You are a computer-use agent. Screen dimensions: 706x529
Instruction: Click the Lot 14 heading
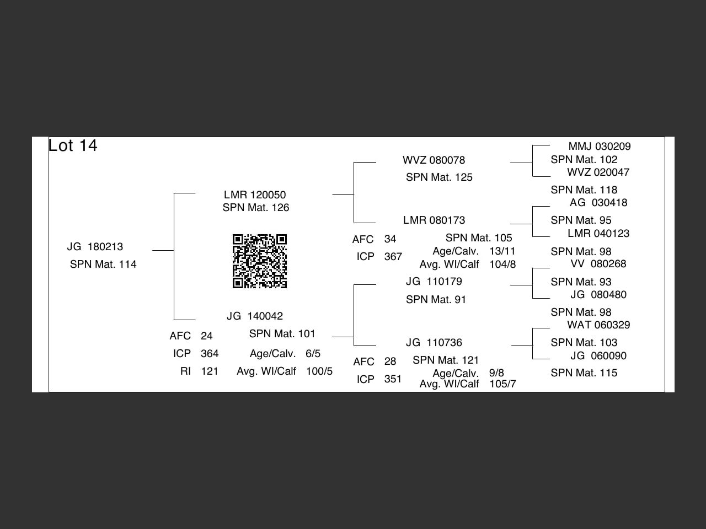point(73,145)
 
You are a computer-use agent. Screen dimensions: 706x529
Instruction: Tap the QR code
point(260,261)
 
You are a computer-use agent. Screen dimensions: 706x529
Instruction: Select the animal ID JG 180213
point(95,247)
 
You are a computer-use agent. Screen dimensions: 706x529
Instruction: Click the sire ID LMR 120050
point(255,195)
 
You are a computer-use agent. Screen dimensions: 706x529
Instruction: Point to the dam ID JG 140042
point(255,316)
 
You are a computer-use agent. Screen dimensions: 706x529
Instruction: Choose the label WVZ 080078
point(434,160)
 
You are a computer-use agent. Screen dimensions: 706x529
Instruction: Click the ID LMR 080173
point(434,220)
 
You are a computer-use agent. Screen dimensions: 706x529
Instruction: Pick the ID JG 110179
point(434,282)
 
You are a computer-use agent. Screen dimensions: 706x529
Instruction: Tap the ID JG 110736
point(434,343)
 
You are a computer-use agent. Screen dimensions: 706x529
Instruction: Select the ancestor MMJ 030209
point(600,147)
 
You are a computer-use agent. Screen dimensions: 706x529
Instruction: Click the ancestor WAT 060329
point(598,325)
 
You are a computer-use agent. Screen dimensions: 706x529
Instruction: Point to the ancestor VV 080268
point(598,264)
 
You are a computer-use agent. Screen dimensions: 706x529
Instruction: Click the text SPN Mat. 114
point(103,264)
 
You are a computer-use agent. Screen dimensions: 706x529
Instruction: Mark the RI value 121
point(210,371)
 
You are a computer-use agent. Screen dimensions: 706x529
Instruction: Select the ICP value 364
point(210,354)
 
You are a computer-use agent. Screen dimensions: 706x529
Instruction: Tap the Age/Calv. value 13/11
point(502,251)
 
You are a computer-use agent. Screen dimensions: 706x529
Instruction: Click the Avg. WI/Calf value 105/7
point(502,384)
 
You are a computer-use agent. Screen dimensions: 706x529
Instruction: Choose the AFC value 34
point(390,239)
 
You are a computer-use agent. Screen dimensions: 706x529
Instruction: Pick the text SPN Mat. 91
point(436,299)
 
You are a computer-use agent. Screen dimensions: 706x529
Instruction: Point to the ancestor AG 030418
point(598,203)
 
